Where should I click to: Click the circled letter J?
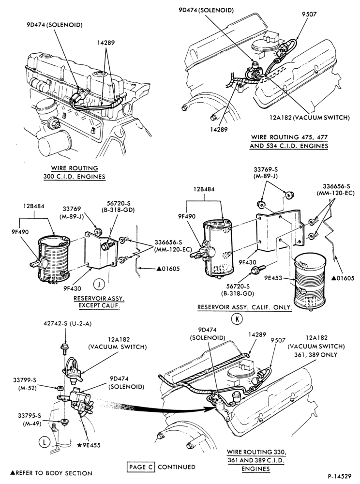(99, 284)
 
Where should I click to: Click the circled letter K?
(237, 319)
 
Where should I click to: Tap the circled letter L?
(44, 442)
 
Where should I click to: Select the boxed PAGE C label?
(141, 467)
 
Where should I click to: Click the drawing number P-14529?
(340, 476)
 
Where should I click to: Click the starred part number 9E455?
(89, 445)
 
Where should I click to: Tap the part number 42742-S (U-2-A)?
(67, 324)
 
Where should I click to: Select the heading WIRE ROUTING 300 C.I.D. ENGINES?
(74, 173)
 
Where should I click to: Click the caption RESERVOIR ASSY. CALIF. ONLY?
(244, 307)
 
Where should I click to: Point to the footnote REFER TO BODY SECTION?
(51, 473)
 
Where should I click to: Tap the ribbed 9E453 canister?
(310, 281)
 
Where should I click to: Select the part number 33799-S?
(25, 380)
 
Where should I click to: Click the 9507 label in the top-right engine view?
(309, 14)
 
